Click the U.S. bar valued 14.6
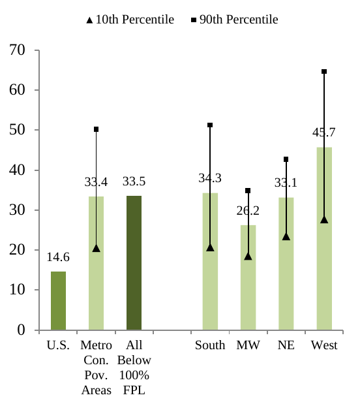[x=58, y=300]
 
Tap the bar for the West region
[x=324, y=274]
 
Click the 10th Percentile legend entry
[x=130, y=20]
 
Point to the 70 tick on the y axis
[x=18, y=50]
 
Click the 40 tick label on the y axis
[x=18, y=170]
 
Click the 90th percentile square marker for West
[x=324, y=71]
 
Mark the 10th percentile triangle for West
[x=324, y=219]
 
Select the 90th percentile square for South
[x=210, y=125]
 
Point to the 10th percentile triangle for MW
[x=248, y=256]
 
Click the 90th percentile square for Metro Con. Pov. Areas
[x=96, y=129]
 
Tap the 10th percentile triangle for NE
[x=286, y=236]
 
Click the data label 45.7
[x=324, y=133]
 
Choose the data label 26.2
[x=248, y=211]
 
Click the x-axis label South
[x=210, y=345]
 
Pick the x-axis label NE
[x=286, y=345]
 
